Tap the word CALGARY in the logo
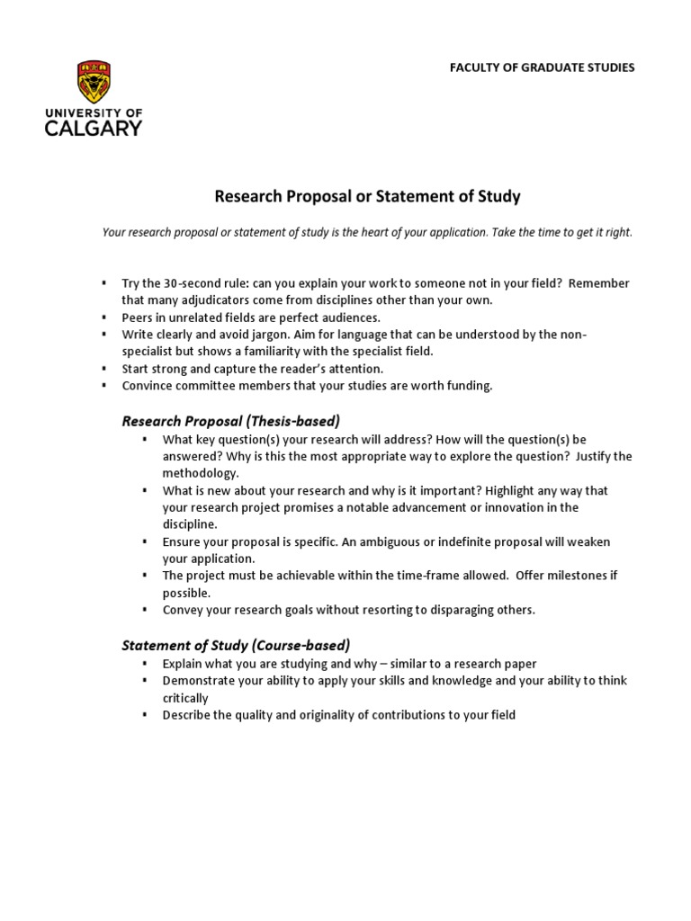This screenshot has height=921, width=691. [94, 128]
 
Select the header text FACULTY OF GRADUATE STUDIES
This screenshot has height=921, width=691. [543, 67]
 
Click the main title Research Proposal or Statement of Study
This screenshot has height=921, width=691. [366, 196]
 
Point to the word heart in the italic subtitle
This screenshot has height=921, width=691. [406, 232]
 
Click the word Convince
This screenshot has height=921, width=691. [147, 386]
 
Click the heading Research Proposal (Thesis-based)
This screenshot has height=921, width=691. [230, 421]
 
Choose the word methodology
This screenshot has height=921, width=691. [200, 473]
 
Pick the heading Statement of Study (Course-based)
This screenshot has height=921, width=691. [236, 645]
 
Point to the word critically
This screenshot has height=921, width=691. [185, 698]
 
